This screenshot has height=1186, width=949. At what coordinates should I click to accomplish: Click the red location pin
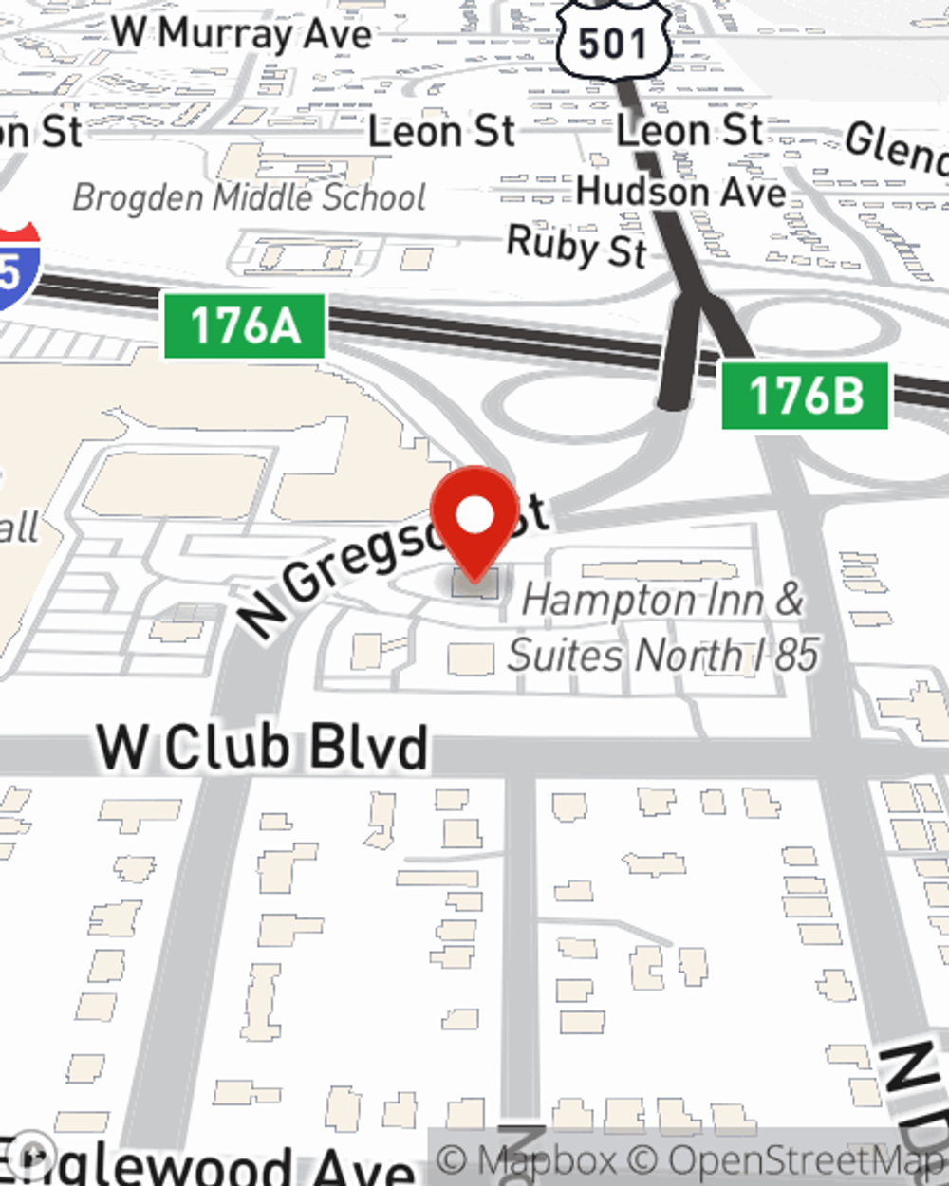tap(475, 520)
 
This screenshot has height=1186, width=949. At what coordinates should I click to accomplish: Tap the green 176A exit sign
tap(245, 326)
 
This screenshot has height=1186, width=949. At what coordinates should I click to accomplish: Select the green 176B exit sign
tap(805, 395)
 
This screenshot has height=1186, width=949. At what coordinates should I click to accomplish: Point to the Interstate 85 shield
tap(16, 268)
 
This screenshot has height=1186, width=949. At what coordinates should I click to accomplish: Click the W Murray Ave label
tap(242, 33)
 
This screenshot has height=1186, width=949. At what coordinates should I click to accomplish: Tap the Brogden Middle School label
tap(249, 197)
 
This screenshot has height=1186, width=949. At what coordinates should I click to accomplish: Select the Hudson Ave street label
tap(680, 192)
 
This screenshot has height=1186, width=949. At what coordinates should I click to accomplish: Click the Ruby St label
tap(576, 247)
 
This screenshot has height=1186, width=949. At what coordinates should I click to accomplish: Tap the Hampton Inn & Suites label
tap(662, 627)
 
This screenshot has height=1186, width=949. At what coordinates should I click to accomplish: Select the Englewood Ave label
tap(209, 1163)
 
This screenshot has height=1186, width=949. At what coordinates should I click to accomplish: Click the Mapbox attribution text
tap(526, 1159)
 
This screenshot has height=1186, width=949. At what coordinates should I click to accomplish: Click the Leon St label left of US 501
tap(441, 131)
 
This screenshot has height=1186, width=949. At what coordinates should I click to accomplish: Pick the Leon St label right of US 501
tap(690, 129)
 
